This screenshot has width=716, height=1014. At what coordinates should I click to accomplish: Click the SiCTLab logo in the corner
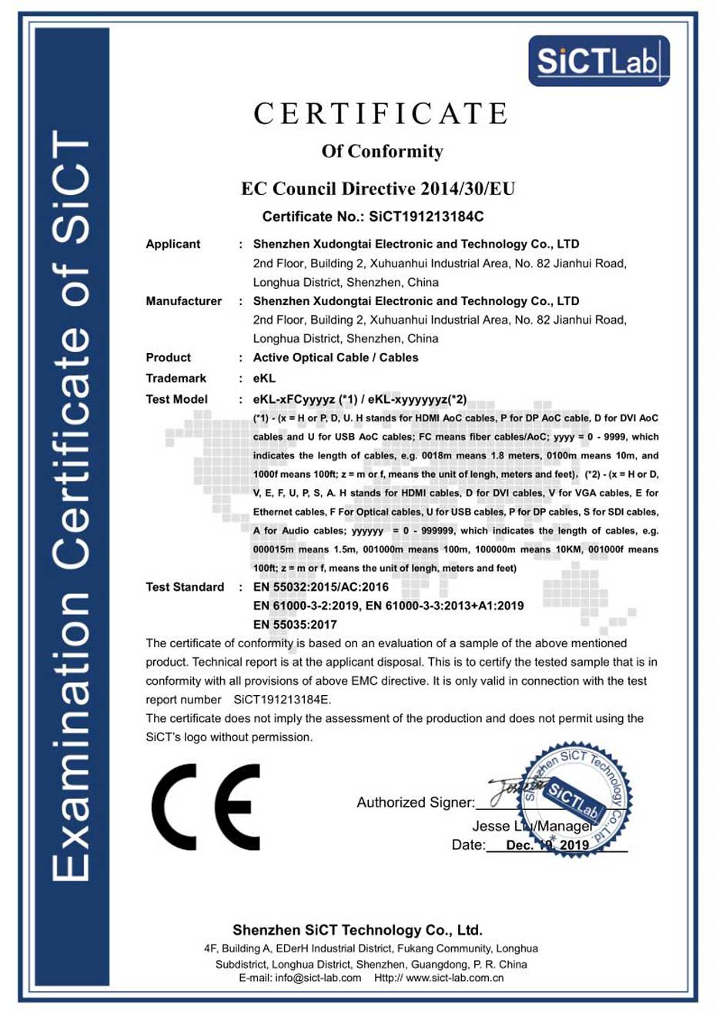click(598, 61)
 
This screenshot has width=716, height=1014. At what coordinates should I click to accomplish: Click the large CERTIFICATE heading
click(381, 114)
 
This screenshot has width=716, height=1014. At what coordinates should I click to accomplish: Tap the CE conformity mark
click(206, 807)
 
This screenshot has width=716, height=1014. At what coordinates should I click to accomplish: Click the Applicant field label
click(173, 244)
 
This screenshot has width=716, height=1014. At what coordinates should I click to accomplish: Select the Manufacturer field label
click(183, 301)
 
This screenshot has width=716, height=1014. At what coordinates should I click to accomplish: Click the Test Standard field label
click(185, 587)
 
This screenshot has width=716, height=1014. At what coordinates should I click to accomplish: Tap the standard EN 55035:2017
click(295, 624)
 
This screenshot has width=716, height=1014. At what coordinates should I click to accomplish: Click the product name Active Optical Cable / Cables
click(336, 358)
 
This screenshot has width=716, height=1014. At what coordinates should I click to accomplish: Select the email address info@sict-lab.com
click(318, 978)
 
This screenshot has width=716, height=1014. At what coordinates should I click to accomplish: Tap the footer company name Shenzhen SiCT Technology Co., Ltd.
click(357, 930)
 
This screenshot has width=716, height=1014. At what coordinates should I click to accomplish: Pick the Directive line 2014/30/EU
click(378, 189)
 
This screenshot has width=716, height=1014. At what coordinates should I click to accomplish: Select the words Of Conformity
click(382, 151)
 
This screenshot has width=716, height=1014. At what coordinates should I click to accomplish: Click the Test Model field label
click(176, 399)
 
